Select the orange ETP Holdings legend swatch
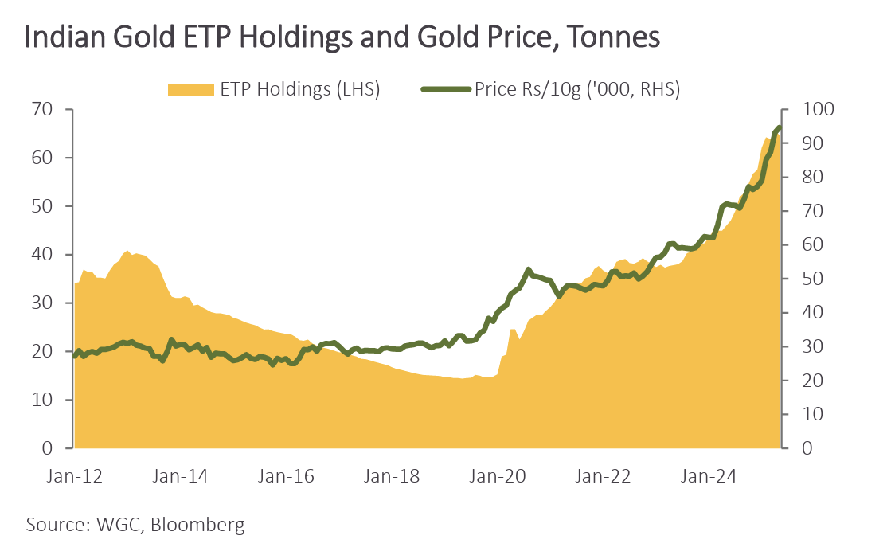click(191, 89)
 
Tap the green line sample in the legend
click(446, 89)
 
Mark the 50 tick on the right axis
click(803, 279)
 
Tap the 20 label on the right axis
click(803, 381)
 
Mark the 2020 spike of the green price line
click(529, 270)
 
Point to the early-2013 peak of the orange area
click(127, 252)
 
